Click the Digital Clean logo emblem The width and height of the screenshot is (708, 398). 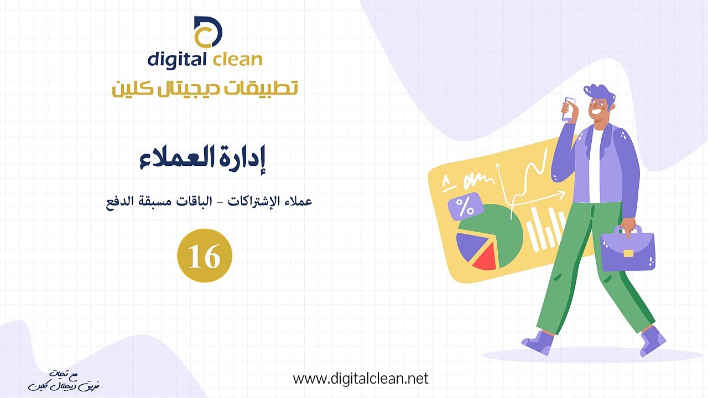click(207, 32)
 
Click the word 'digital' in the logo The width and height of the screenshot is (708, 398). click(176, 60)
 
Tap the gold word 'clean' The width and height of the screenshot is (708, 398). click(237, 59)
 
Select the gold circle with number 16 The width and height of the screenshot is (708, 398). click(205, 255)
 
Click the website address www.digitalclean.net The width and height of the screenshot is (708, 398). click(361, 379)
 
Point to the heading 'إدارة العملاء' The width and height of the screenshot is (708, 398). click(202, 160)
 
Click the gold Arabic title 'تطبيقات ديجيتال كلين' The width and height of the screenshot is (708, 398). click(205, 88)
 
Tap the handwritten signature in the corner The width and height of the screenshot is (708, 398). click(64, 381)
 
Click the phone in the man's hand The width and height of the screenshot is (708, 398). click(568, 109)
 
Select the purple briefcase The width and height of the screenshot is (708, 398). click(627, 248)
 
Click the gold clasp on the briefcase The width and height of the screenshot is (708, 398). click(628, 253)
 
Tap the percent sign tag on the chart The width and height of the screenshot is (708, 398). click(466, 207)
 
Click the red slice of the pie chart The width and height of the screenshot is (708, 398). click(484, 256)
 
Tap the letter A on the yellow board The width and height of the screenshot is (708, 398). click(446, 182)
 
